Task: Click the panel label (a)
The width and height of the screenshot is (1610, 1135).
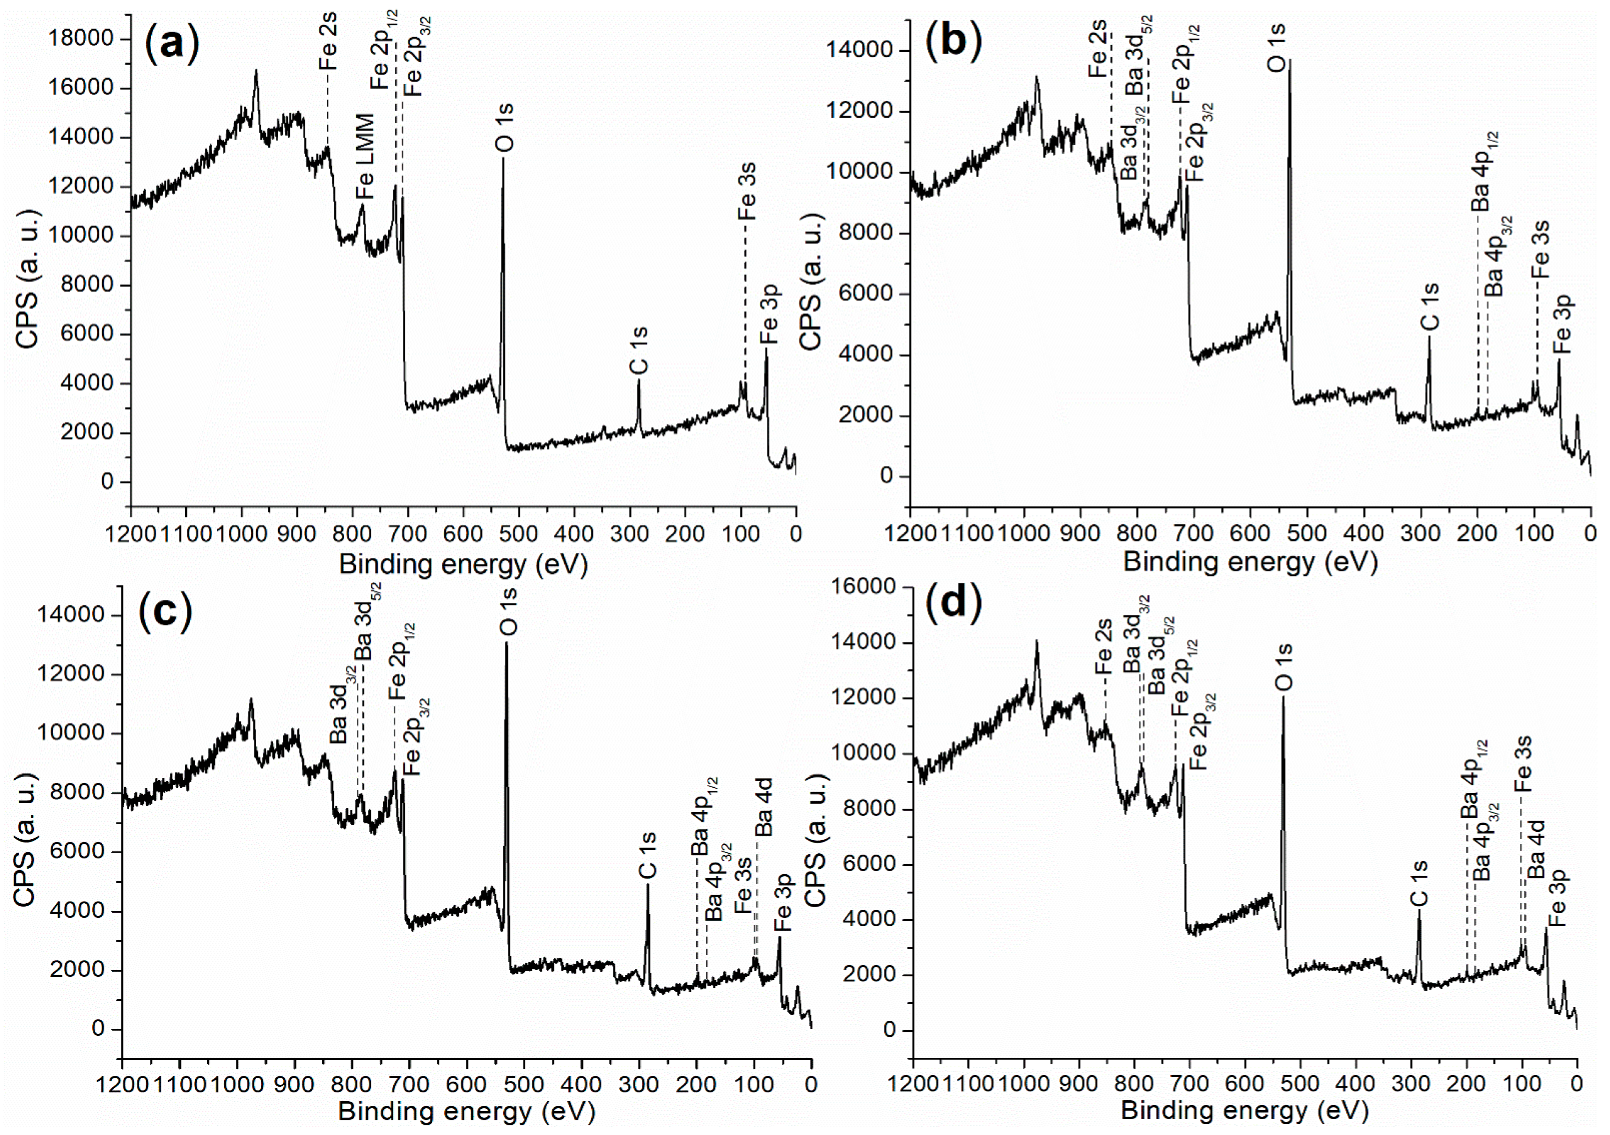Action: tap(172, 44)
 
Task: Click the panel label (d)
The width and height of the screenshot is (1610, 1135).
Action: tap(954, 603)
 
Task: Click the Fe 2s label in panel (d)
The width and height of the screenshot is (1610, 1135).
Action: tap(1104, 646)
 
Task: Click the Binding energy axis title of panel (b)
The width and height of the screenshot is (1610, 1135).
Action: tap(1250, 562)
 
